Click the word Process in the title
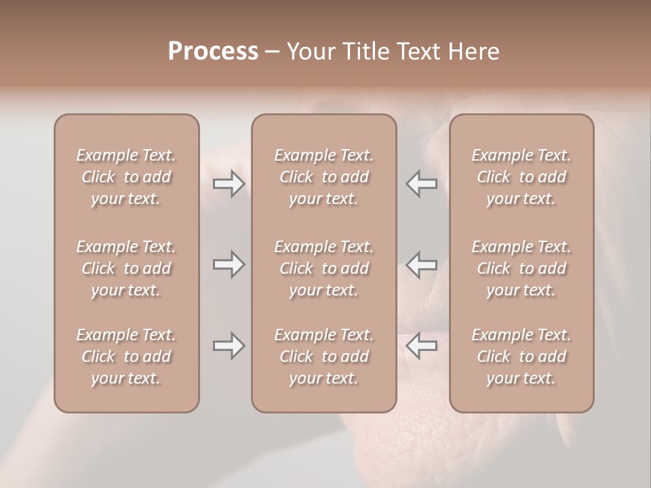213,52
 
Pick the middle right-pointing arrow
229,264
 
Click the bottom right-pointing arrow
229,346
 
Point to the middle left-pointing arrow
422,264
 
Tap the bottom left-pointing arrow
422,346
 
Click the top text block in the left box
126,177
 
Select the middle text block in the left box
126,268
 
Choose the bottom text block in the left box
126,357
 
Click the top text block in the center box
323,177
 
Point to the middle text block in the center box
323,268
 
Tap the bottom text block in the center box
323,357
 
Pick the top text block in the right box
521,177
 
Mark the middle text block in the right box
521,268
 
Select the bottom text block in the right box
521,357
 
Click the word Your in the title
309,52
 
